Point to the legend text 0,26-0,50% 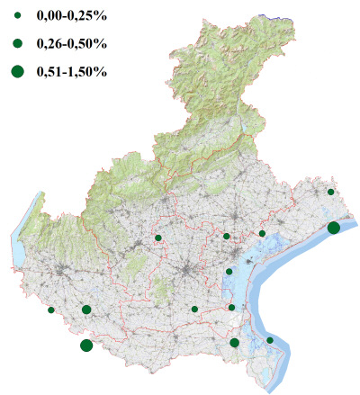(70, 43)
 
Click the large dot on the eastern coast (333, 228)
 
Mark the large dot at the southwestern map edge (86, 346)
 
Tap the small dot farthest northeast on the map (331, 192)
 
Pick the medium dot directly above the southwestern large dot (86, 310)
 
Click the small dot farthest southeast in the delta (270, 340)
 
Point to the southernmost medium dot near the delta (235, 342)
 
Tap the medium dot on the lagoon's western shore (229, 272)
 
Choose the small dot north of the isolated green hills (158, 238)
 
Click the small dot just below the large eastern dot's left (262, 234)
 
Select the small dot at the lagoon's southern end (232, 308)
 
